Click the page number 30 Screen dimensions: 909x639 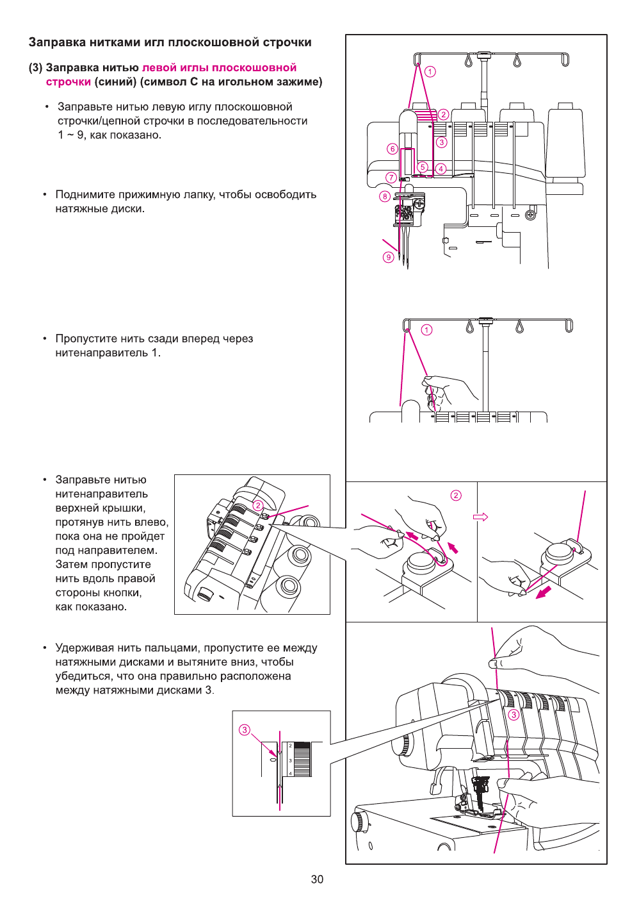click(x=317, y=879)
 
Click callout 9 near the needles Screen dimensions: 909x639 click(x=388, y=257)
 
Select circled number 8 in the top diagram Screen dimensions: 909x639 click(x=385, y=197)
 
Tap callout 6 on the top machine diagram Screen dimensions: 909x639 click(x=392, y=149)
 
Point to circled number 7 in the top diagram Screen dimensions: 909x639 click(x=391, y=178)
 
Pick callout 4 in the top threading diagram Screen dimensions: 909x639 click(x=441, y=169)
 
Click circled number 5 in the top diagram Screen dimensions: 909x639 click(x=423, y=167)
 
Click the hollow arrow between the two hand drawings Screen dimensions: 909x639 click(x=480, y=517)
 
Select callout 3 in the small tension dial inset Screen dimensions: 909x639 click(x=244, y=730)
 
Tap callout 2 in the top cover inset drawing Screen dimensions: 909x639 click(x=257, y=505)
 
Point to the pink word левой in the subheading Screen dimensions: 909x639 click(x=158, y=68)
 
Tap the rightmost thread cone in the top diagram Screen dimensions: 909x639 click(x=565, y=144)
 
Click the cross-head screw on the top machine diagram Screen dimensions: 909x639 click(x=530, y=215)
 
